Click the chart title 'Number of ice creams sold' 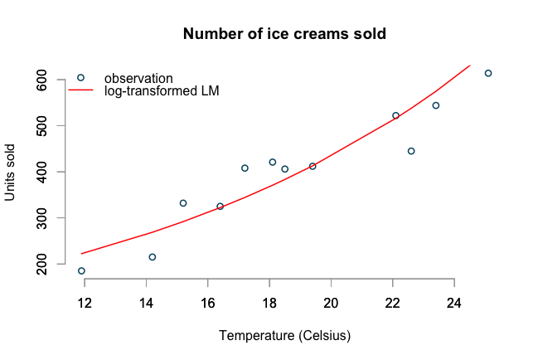pyautogui.click(x=284, y=35)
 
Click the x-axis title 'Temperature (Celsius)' pyautogui.click(x=284, y=336)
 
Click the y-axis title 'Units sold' pyautogui.click(x=11, y=172)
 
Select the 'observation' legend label pyautogui.click(x=138, y=78)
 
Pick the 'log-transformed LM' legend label pyautogui.click(x=162, y=90)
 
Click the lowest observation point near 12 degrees pyautogui.click(x=81, y=270)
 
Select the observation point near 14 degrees pyautogui.click(x=153, y=257)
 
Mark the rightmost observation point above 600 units pyautogui.click(x=488, y=73)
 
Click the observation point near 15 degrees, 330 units pyautogui.click(x=183, y=203)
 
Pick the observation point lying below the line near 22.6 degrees pyautogui.click(x=411, y=151)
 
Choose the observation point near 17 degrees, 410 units pyautogui.click(x=245, y=168)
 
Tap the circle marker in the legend pyautogui.click(x=80, y=78)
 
